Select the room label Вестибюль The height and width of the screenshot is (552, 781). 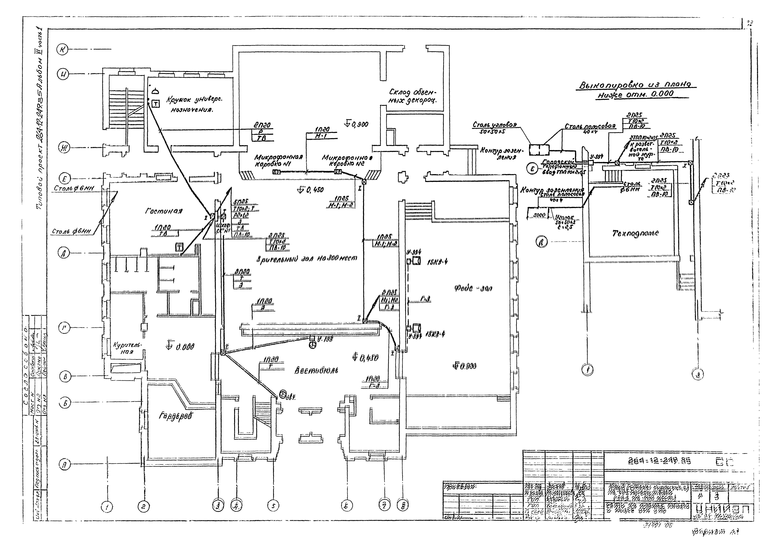[316, 370]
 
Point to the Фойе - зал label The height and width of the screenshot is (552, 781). [473, 288]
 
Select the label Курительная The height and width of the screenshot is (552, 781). [128, 348]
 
